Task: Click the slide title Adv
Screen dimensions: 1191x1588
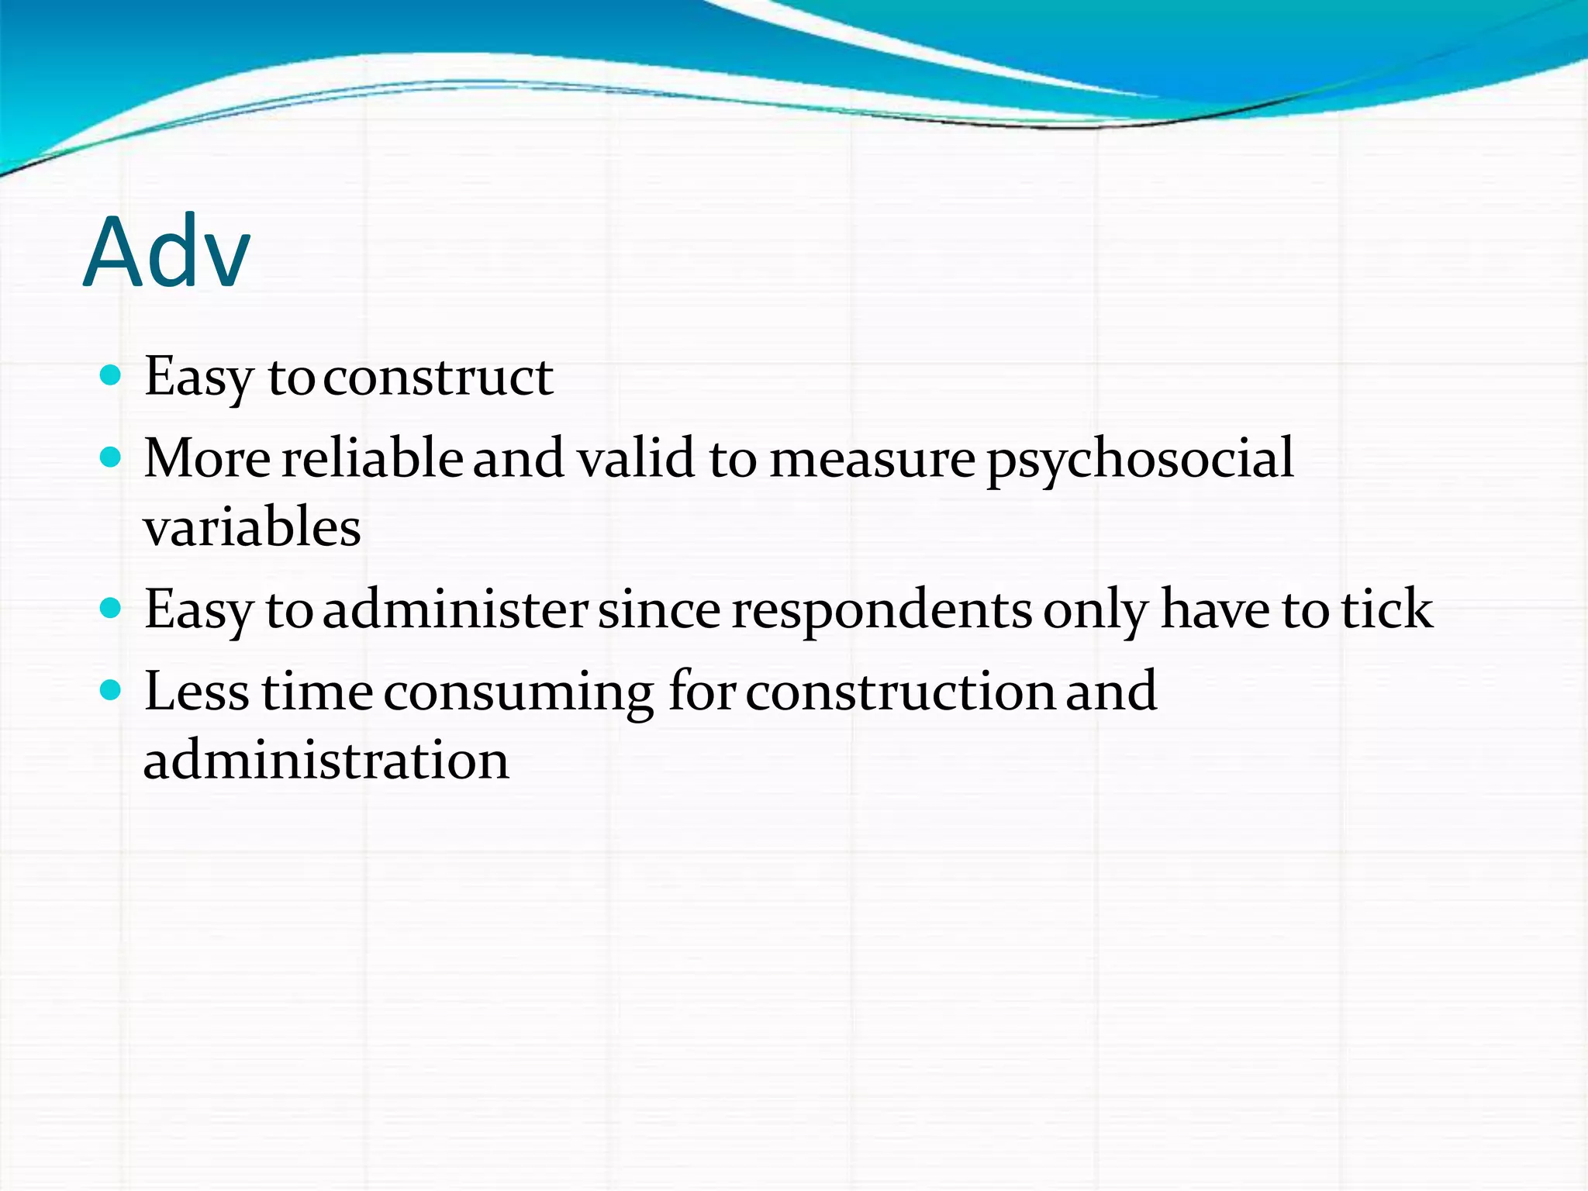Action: [x=167, y=253]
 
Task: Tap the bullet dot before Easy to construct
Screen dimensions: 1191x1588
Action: [x=111, y=376]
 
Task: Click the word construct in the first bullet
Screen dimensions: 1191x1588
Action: [x=438, y=378]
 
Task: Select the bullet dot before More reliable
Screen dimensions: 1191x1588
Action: [x=111, y=457]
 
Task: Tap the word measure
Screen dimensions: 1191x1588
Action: [x=872, y=459]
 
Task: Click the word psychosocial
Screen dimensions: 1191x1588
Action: [x=1140, y=459]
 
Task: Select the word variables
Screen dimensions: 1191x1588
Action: [x=252, y=527]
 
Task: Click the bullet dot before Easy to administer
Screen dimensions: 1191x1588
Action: [x=111, y=609]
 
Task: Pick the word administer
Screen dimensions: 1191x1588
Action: [x=455, y=609]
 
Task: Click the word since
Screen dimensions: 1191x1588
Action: [x=659, y=609]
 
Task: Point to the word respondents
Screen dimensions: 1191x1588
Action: [x=882, y=611]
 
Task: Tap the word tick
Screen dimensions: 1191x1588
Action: [x=1387, y=609]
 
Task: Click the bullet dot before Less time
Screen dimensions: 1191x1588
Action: [x=111, y=690]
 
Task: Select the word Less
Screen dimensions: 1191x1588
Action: [x=197, y=691]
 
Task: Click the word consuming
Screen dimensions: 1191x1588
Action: [x=519, y=692]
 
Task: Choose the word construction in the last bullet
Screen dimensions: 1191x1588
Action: [x=900, y=691]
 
